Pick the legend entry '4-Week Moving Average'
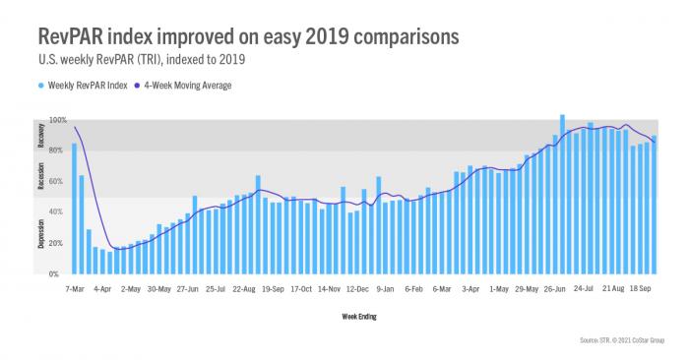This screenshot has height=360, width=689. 191,86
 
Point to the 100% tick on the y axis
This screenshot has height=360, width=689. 57,120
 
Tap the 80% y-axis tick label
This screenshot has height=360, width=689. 57,150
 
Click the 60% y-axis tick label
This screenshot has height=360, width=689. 57,181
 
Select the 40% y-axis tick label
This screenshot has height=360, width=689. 57,211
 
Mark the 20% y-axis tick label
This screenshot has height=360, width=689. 57,243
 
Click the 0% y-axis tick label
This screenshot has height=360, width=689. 60,273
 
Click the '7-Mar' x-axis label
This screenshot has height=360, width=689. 74,290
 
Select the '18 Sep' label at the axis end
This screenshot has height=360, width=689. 642,290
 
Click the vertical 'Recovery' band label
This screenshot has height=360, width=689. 42,136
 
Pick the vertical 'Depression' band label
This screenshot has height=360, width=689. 42,235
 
